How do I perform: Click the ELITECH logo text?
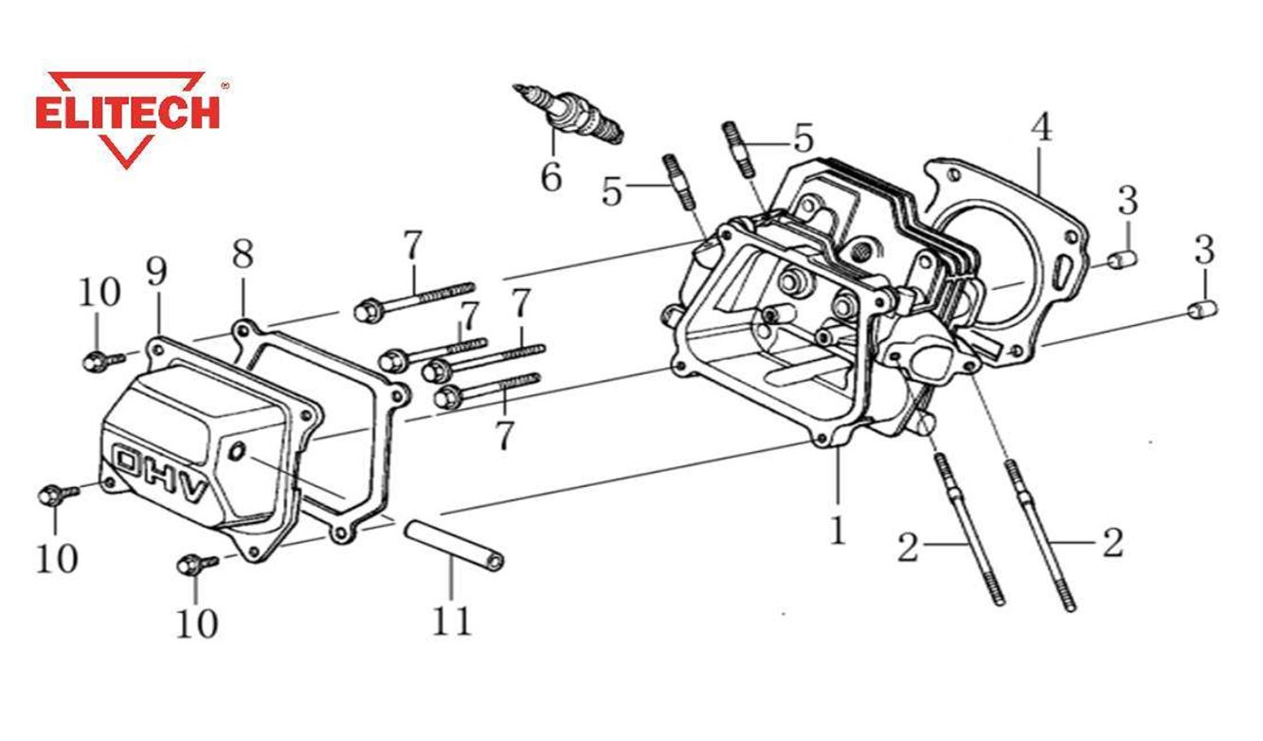127,112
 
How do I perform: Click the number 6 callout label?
551,177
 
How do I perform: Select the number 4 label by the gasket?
1040,128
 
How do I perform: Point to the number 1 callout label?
838,532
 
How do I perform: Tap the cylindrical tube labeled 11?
456,544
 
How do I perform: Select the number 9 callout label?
156,272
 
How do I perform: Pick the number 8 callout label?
243,254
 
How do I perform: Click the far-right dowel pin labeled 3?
1202,310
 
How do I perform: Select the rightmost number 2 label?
1112,544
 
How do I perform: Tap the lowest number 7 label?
504,436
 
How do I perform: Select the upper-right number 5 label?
803,139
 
